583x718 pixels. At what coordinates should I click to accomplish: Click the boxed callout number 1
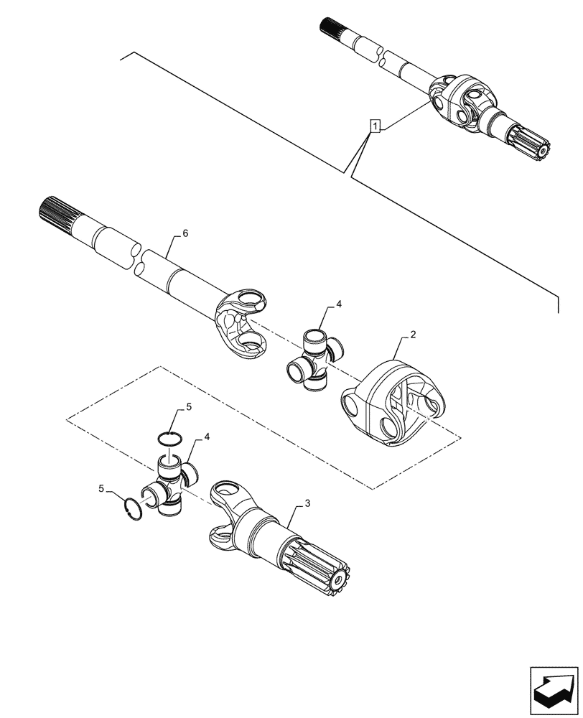pos(374,126)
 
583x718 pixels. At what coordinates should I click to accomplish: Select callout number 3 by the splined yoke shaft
pos(307,504)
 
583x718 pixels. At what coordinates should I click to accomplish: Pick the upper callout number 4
pos(339,304)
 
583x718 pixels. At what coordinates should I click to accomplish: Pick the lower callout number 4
pos(206,436)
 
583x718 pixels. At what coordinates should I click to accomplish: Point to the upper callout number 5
pos(189,406)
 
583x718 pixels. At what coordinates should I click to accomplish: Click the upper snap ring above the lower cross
pos(170,439)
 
